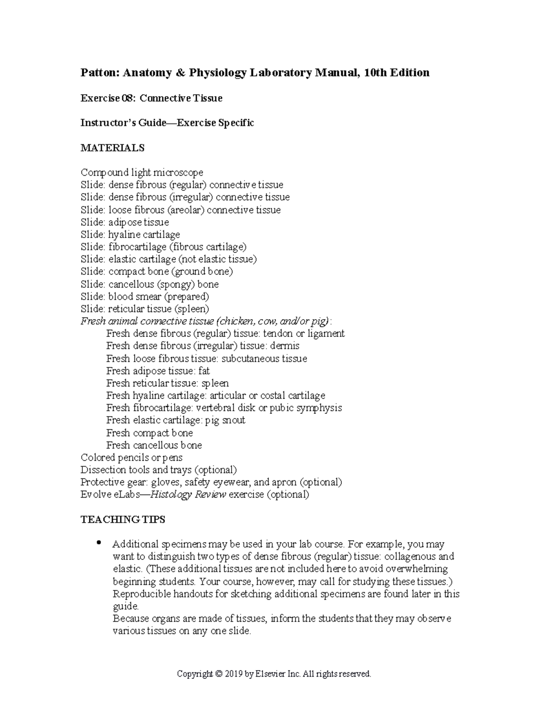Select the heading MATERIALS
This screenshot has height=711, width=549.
point(112,148)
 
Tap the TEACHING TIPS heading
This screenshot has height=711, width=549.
point(123,520)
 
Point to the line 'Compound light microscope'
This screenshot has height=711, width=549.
point(142,173)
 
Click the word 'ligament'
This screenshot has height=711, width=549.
point(326,334)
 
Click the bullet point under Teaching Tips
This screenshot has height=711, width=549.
point(98,543)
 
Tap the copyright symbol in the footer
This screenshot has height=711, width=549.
point(218,674)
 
